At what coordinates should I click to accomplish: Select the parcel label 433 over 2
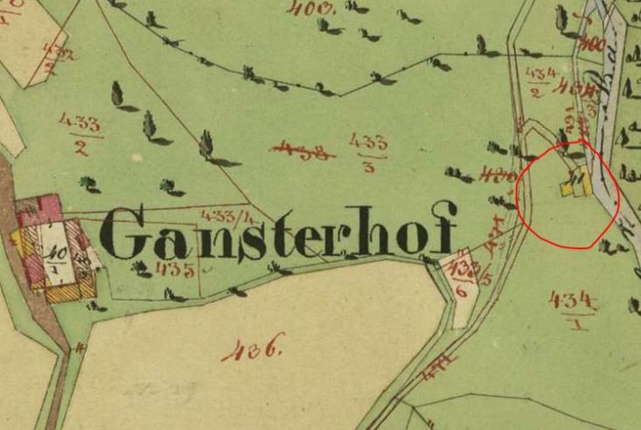pos(80,132)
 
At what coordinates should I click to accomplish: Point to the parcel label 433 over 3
pos(367,151)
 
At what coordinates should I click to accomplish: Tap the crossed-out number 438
pos(303,150)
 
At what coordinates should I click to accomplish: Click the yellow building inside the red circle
pos(577,186)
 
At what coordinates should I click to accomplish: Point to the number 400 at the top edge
pos(317,8)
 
